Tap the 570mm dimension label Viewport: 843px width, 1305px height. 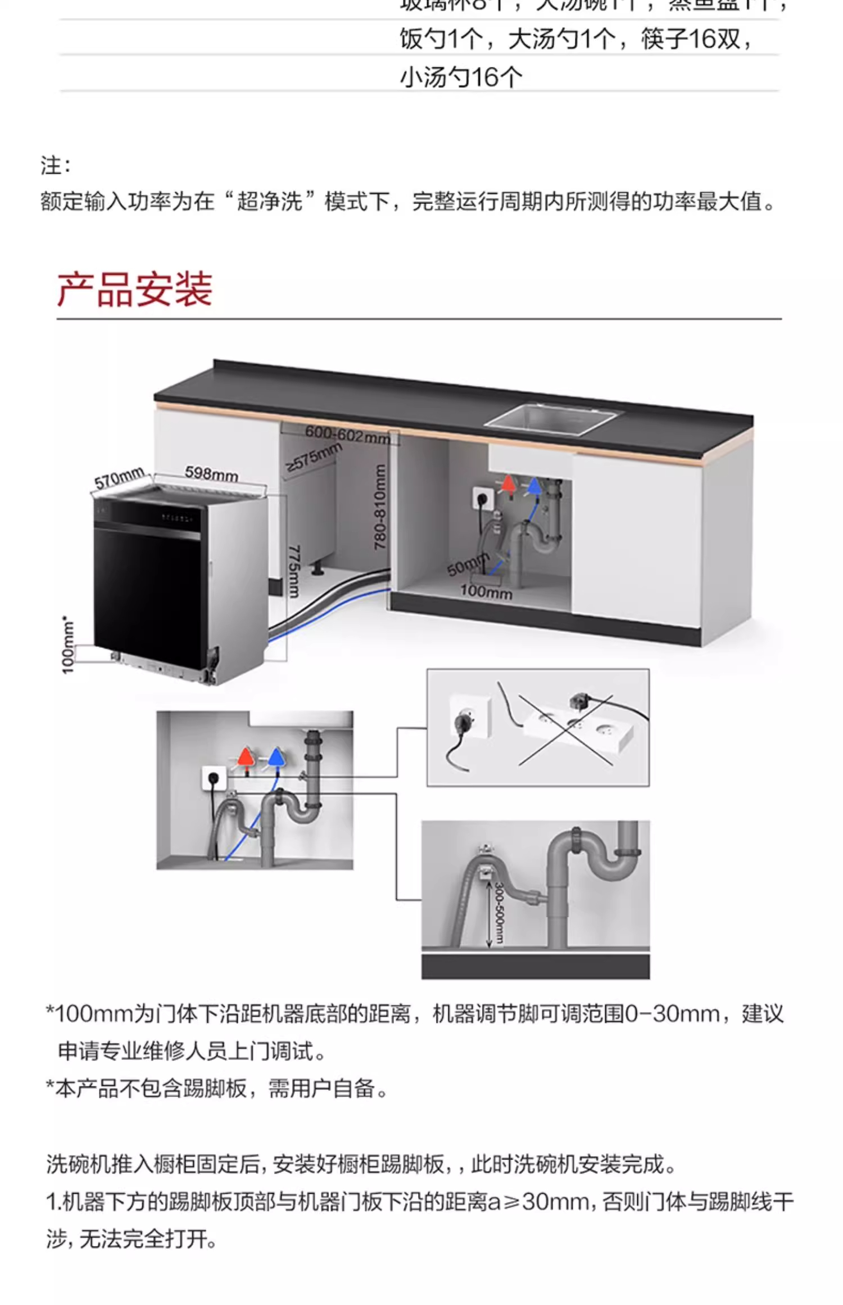tap(119, 479)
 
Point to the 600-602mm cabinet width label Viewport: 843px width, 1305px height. tap(347, 434)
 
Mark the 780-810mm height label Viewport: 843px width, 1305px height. tap(380, 506)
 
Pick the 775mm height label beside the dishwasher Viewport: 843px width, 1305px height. tap(294, 571)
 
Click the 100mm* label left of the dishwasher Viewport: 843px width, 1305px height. tap(68, 645)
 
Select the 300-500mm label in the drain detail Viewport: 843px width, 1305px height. tap(499, 913)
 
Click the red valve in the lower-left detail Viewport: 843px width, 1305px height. tap(246, 757)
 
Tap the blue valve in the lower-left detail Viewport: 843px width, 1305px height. tap(276, 757)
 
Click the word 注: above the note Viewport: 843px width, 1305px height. tap(56, 166)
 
